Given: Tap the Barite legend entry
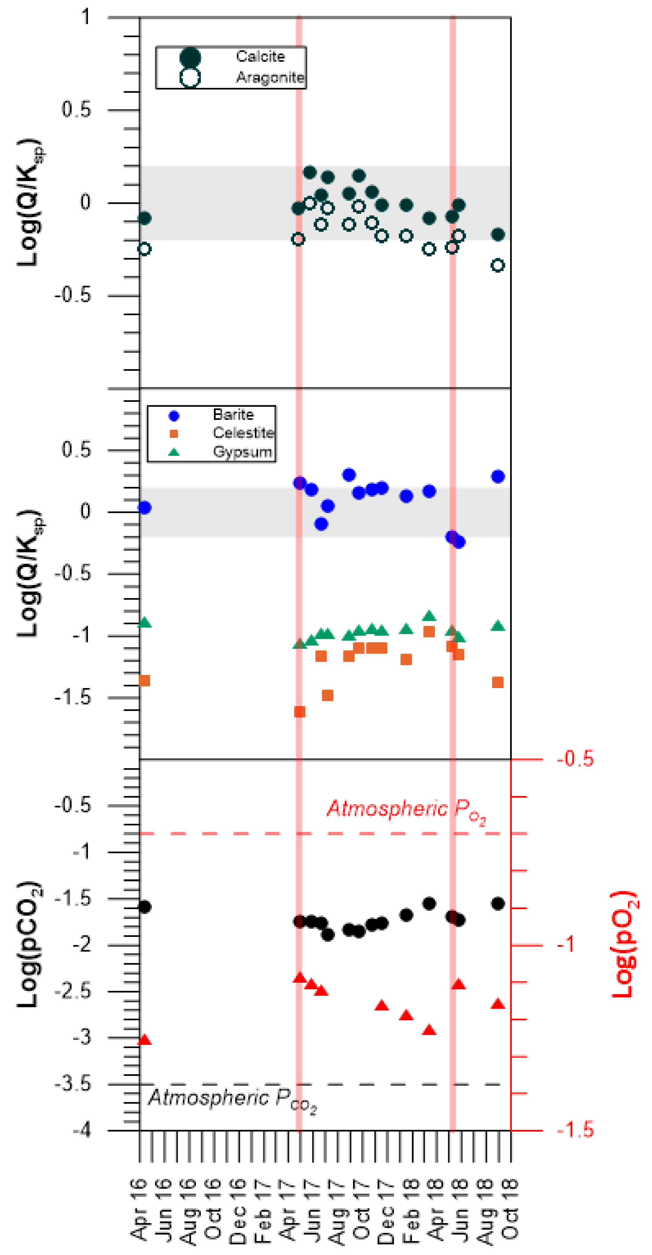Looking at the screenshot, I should tap(233, 415).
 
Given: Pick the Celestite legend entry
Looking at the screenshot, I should tap(243, 433).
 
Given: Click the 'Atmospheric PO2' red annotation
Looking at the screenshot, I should tap(406, 809).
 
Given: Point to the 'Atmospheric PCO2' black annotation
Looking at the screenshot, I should tap(232, 1098).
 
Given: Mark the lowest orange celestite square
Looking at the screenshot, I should tap(300, 712).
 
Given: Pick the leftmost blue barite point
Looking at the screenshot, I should tap(144, 508).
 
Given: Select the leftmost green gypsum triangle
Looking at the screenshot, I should tap(144, 622).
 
